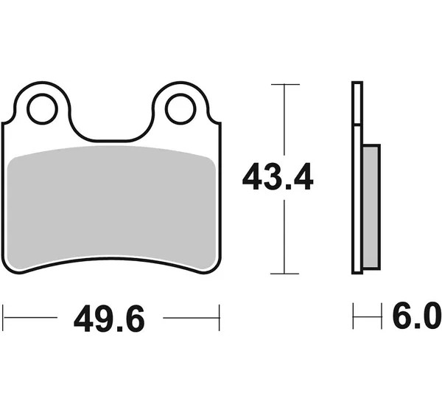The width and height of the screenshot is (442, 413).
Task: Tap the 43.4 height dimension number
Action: (x=278, y=176)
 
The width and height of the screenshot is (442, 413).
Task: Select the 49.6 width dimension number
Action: (x=109, y=318)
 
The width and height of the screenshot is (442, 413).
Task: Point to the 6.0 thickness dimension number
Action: (x=417, y=315)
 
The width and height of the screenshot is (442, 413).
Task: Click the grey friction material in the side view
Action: (x=371, y=206)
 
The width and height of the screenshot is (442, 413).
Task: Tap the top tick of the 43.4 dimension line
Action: (x=285, y=84)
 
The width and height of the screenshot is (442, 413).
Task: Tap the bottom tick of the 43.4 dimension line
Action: (x=284, y=274)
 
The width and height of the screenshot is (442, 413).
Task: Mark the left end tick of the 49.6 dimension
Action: (x=3, y=318)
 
